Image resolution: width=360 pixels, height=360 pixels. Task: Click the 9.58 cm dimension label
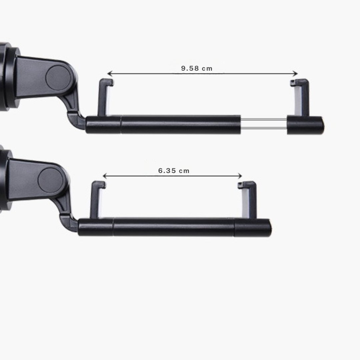pyautogui.click(x=197, y=68)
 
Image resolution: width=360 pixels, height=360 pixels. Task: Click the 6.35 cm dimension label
pyautogui.click(x=174, y=171)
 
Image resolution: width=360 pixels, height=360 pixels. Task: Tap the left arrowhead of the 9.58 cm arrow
pyautogui.click(x=110, y=73)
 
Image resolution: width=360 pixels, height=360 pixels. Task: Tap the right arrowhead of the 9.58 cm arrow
pyautogui.click(x=295, y=73)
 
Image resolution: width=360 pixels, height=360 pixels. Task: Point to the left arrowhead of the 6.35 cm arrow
pyautogui.click(x=105, y=176)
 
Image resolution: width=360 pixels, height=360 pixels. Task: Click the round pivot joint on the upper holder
pyautogui.click(x=58, y=77)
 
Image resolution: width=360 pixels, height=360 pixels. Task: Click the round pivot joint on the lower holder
pyautogui.click(x=50, y=180)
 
